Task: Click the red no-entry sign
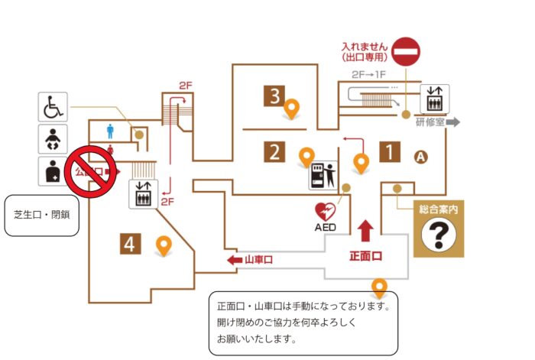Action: [x=408, y=51]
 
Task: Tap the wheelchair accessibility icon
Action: [x=53, y=107]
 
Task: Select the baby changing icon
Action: [x=53, y=139]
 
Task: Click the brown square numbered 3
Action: [x=273, y=96]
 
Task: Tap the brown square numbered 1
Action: [x=390, y=152]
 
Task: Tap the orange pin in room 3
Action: [x=291, y=111]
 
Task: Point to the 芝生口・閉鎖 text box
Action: [x=42, y=215]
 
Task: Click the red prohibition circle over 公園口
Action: [x=89, y=172]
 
